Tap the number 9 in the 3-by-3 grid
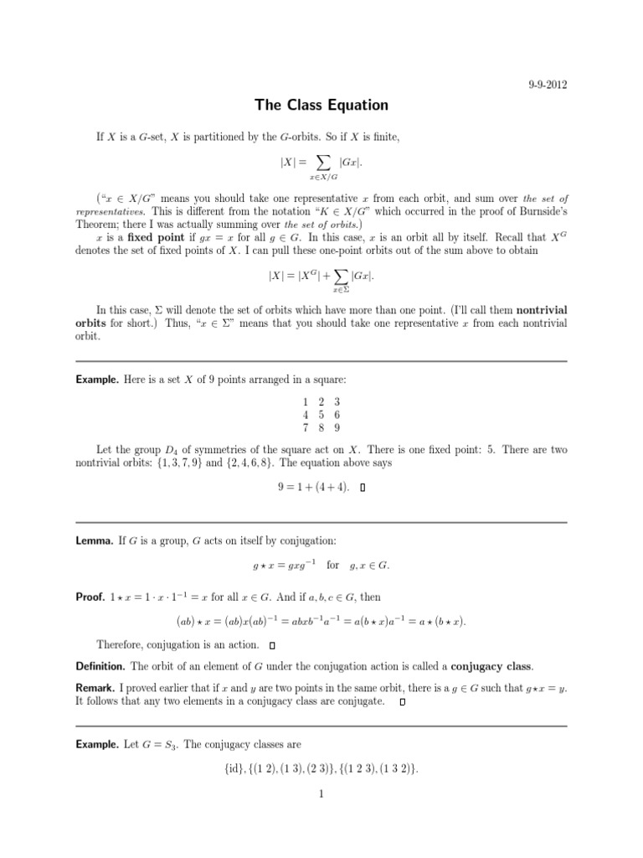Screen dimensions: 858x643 pyautogui.click(x=337, y=428)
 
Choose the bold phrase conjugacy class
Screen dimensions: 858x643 pyautogui.click(x=491, y=666)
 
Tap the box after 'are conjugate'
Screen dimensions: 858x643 pyautogui.click(x=403, y=701)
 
